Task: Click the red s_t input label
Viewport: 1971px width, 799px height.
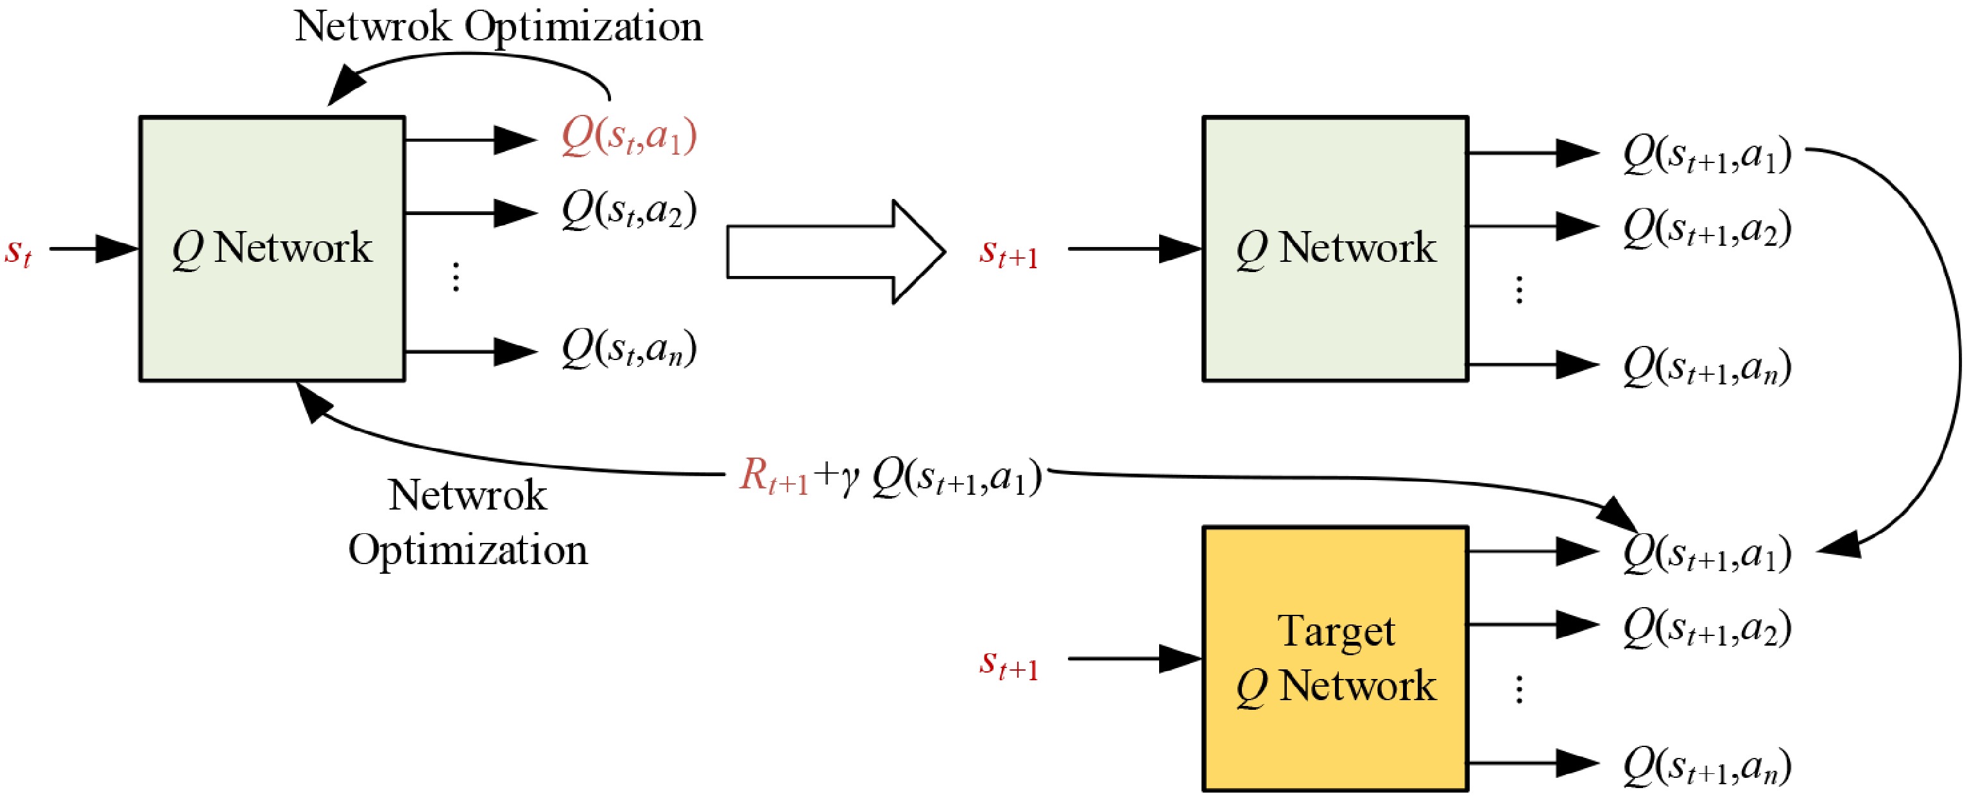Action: click(x=17, y=251)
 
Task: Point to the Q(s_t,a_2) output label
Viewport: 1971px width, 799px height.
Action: click(x=628, y=210)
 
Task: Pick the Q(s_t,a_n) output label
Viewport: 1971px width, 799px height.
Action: click(x=628, y=350)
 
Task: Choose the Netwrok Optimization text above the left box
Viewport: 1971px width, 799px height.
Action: click(x=498, y=27)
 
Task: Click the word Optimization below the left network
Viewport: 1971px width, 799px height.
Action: click(x=467, y=550)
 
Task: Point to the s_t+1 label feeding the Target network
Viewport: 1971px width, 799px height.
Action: click(x=1008, y=663)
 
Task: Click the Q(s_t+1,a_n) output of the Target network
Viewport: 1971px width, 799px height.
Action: click(x=1707, y=766)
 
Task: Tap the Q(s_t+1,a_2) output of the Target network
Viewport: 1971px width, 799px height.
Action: click(x=1707, y=628)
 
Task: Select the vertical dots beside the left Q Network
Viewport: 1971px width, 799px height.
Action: click(x=456, y=277)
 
